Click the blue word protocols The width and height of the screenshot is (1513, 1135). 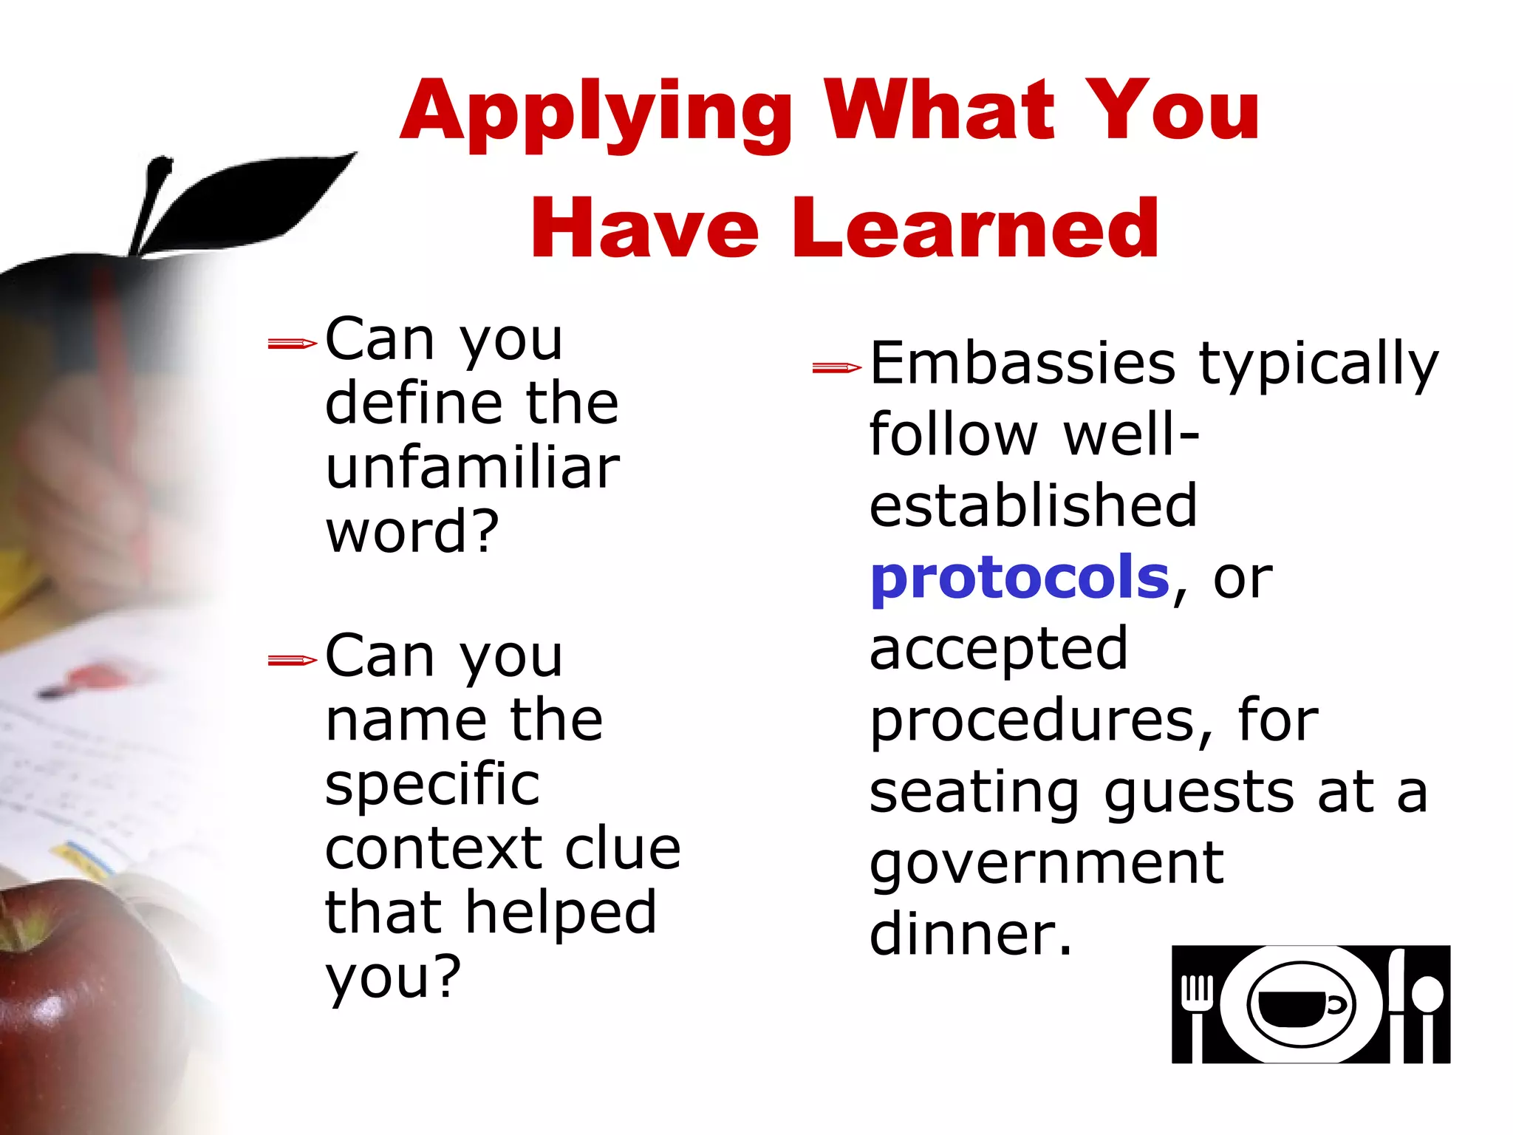pos(1020,578)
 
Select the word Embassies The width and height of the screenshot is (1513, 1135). pos(1022,364)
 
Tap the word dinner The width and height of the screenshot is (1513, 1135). pos(969,934)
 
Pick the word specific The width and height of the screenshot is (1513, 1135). pos(432,785)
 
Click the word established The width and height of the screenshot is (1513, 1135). pos(1033,505)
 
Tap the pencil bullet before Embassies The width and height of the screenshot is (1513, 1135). pos(836,367)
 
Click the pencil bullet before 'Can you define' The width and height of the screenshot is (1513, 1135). pos(292,343)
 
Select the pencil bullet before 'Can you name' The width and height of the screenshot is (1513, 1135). pos(292,660)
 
